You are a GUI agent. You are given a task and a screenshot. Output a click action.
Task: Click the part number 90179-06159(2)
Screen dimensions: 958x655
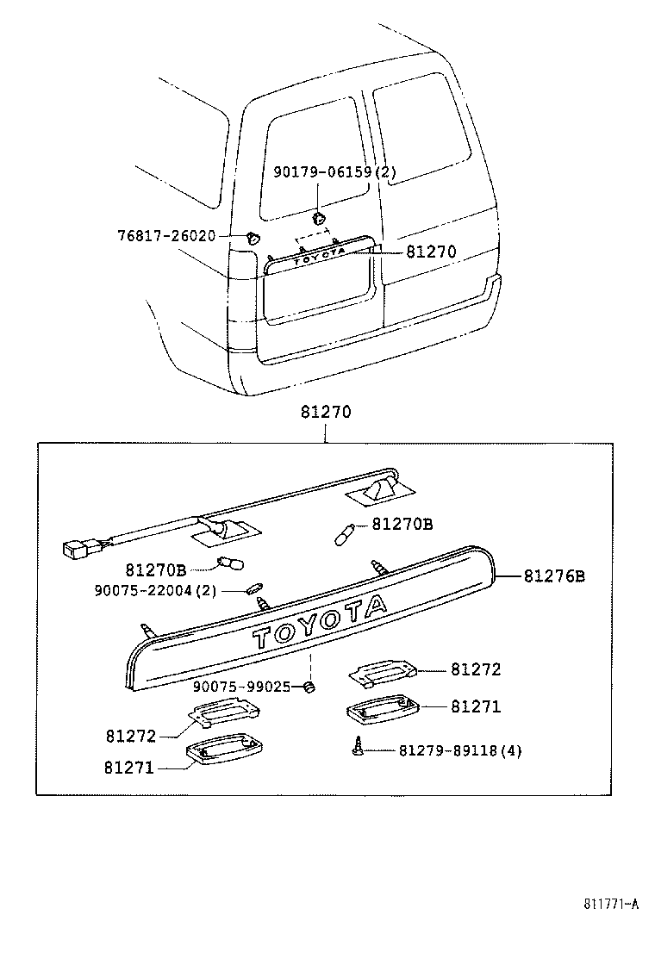(334, 172)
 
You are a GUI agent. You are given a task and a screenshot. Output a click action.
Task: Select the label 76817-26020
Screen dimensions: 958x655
(166, 235)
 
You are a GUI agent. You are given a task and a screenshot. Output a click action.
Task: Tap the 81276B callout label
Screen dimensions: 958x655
(554, 576)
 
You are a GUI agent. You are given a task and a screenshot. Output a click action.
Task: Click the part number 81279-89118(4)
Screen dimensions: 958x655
(460, 750)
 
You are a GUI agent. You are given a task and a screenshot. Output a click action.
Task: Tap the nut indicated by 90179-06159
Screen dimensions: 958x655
(319, 219)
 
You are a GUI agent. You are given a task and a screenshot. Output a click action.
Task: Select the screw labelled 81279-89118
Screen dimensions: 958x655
(356, 749)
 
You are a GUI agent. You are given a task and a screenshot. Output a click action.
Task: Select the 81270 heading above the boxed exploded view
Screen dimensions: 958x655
(326, 413)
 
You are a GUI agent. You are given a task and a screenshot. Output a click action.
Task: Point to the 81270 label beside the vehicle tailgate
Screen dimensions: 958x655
(431, 252)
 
